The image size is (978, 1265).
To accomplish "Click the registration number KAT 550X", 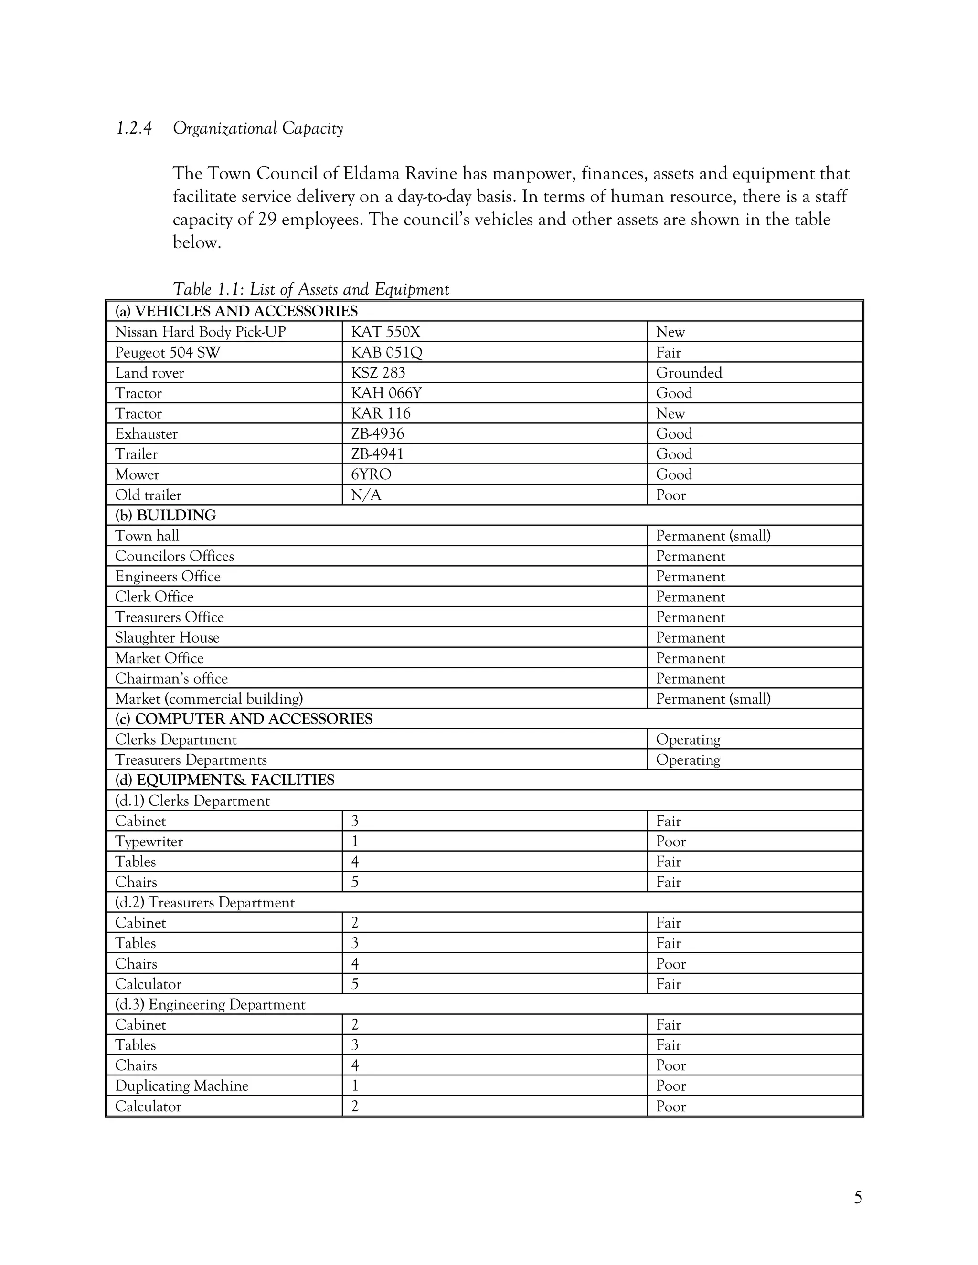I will coord(385,332).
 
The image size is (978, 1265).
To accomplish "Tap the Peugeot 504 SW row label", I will coord(168,352).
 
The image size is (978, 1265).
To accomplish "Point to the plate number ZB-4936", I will coord(377,434).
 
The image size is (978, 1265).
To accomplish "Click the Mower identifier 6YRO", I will coord(371,474).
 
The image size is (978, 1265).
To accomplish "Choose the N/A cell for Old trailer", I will coord(366,495).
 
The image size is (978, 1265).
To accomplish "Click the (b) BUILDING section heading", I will coord(165,516).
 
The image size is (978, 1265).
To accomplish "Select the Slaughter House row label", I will coord(167,638).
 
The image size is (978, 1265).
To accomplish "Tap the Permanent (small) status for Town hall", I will coord(712,536).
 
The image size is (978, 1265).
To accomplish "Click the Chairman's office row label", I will coord(171,678).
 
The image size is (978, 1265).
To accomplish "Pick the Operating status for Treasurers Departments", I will coord(688,760).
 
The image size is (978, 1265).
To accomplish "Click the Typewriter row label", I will coord(149,842).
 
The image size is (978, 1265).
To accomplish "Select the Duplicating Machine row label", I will coord(181,1086).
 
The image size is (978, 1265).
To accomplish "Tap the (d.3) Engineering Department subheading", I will coord(210,1004).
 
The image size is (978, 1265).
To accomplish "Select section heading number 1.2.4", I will coord(134,128).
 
